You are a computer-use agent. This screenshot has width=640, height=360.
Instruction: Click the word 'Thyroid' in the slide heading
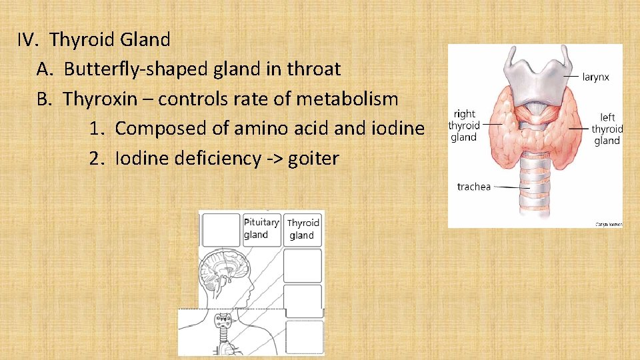pyautogui.click(x=83, y=39)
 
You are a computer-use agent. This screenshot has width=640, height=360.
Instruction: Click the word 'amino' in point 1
pyautogui.click(x=266, y=128)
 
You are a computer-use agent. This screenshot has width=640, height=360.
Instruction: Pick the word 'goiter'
pyautogui.click(x=314, y=159)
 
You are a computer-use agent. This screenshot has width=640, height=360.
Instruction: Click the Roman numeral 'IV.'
pyautogui.click(x=29, y=39)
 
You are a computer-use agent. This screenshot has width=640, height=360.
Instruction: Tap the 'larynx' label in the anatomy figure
pyautogui.click(x=595, y=77)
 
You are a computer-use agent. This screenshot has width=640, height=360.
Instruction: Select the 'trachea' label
pyautogui.click(x=473, y=187)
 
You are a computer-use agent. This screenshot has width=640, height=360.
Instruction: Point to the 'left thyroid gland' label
pyautogui.click(x=607, y=129)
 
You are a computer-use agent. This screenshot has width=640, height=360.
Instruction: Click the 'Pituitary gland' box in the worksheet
pyautogui.click(x=261, y=229)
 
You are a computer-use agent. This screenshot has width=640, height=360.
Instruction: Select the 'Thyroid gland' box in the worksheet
pyautogui.click(x=303, y=229)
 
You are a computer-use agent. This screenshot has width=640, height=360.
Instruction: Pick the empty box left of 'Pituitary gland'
pyautogui.click(x=221, y=229)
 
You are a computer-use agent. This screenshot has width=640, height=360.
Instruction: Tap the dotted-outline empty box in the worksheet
pyautogui.click(x=304, y=337)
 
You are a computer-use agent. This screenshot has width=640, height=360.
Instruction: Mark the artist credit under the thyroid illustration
pyautogui.click(x=607, y=225)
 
